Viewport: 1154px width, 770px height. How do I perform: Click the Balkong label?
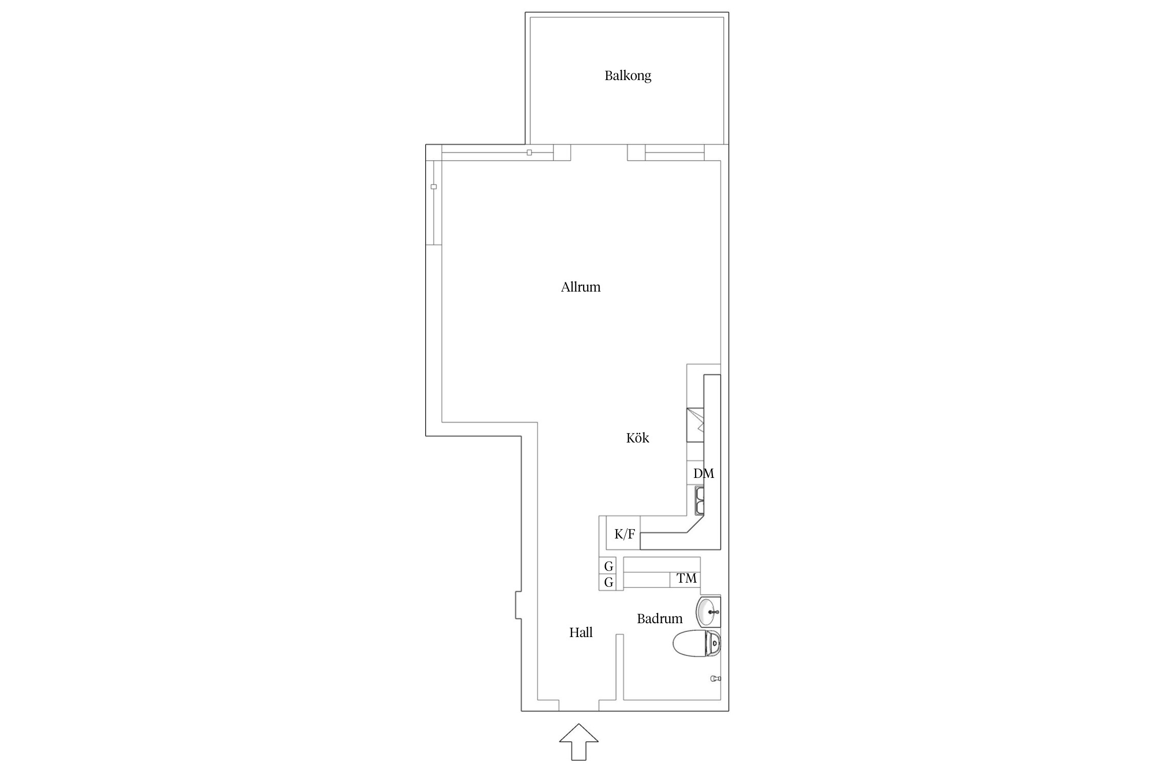(x=628, y=76)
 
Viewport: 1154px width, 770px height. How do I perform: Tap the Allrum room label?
(x=581, y=287)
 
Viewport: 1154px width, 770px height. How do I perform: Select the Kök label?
(x=638, y=438)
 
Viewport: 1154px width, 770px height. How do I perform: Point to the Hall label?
(x=581, y=632)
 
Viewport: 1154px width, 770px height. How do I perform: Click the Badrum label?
(x=660, y=619)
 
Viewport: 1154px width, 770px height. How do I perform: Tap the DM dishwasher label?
(x=704, y=474)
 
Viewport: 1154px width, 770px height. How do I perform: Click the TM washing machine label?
(x=686, y=579)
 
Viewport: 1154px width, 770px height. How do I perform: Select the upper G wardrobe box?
(x=608, y=566)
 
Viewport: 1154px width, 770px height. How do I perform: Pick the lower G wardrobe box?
(x=608, y=582)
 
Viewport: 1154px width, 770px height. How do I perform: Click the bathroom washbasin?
(x=708, y=612)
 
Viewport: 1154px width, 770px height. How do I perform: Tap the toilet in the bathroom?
(x=697, y=643)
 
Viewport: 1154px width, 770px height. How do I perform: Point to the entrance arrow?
(x=579, y=741)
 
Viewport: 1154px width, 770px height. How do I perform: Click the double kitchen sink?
(x=700, y=500)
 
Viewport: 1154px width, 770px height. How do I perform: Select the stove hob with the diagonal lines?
(x=695, y=425)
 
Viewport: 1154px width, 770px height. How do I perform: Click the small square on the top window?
(x=529, y=152)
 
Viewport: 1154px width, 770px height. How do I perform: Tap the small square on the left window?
(x=433, y=187)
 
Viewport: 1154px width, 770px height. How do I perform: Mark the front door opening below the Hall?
(x=579, y=705)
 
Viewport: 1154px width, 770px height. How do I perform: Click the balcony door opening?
(x=599, y=152)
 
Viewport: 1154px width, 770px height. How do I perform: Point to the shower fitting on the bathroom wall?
(x=715, y=679)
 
